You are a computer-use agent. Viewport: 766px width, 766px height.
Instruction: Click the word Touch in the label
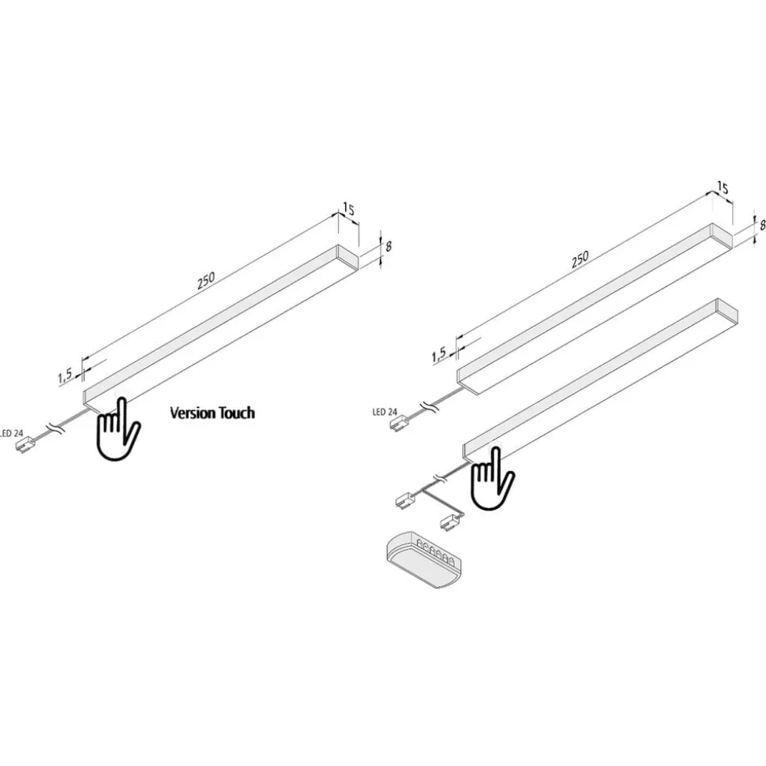tap(237, 413)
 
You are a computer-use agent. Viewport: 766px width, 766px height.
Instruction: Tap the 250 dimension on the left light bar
tap(206, 281)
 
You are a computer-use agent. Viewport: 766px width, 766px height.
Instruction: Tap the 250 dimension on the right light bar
tap(580, 260)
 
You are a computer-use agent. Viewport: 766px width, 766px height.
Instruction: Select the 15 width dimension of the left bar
tap(348, 208)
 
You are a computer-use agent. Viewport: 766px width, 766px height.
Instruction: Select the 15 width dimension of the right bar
tap(722, 188)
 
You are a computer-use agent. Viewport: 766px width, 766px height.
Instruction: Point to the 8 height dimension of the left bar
tap(389, 246)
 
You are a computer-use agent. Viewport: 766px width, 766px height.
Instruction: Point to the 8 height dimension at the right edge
tap(762, 225)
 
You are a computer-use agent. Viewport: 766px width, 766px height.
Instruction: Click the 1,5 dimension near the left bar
tap(65, 376)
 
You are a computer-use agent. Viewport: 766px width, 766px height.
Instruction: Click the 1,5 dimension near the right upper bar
tap(439, 355)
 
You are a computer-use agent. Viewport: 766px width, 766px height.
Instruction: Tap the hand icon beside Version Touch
tap(118, 428)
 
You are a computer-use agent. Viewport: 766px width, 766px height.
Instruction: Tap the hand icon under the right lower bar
tap(492, 478)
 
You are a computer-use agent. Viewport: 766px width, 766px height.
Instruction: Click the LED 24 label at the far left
tap(11, 433)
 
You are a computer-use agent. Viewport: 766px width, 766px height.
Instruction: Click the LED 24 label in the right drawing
tap(385, 413)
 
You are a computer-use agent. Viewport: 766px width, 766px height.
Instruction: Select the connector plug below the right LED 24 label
tap(400, 424)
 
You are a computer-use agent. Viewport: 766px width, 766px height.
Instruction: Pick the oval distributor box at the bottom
tap(423, 559)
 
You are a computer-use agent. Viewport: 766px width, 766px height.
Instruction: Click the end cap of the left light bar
tap(347, 257)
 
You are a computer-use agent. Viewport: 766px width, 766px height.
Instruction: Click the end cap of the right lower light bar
tap(727, 312)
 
